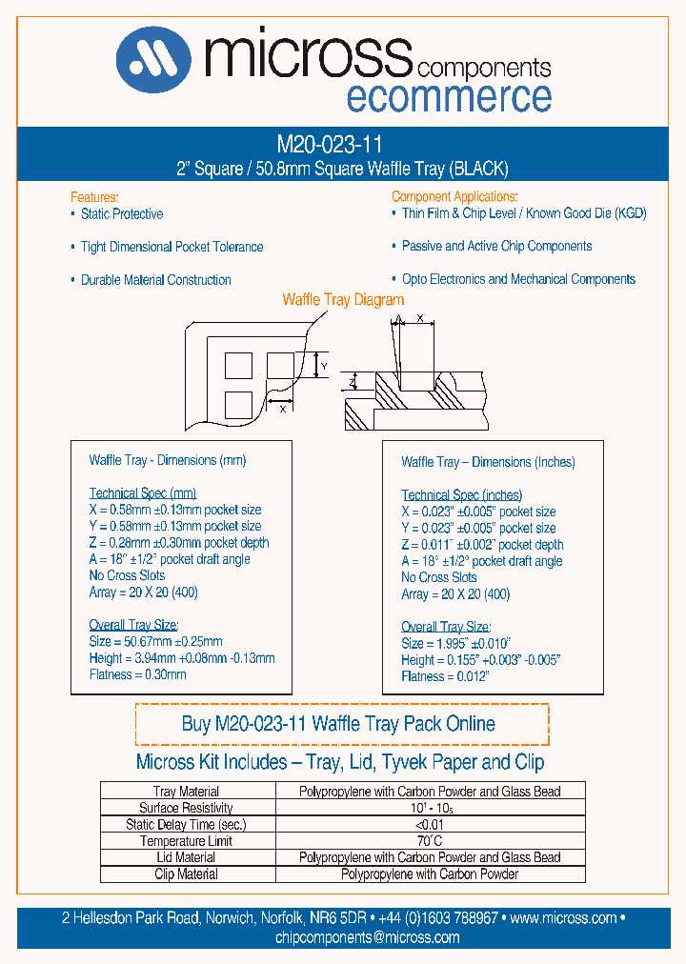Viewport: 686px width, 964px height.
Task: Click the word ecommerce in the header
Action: coord(448,97)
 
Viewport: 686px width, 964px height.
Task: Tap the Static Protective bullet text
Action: coord(121,214)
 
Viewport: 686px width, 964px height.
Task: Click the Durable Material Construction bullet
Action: coord(155,280)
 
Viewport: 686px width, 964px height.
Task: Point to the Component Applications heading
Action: coord(454,196)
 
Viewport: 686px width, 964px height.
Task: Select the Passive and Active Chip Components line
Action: coord(496,246)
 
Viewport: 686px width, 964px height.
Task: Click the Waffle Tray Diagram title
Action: coord(344,300)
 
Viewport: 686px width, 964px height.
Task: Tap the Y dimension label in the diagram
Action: coord(323,366)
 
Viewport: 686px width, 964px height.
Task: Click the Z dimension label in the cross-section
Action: coord(351,383)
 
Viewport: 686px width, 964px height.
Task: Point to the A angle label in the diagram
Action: coord(398,320)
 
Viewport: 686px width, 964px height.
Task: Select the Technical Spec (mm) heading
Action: coord(142,493)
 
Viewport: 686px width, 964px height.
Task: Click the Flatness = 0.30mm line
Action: coord(137,674)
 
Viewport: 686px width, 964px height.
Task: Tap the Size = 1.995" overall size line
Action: coord(455,644)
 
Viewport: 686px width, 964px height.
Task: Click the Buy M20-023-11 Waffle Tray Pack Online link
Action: coord(338,724)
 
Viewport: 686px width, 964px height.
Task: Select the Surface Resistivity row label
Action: coord(186,808)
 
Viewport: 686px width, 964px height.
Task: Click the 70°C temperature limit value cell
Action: coord(430,841)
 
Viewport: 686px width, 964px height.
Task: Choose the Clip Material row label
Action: coord(186,874)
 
